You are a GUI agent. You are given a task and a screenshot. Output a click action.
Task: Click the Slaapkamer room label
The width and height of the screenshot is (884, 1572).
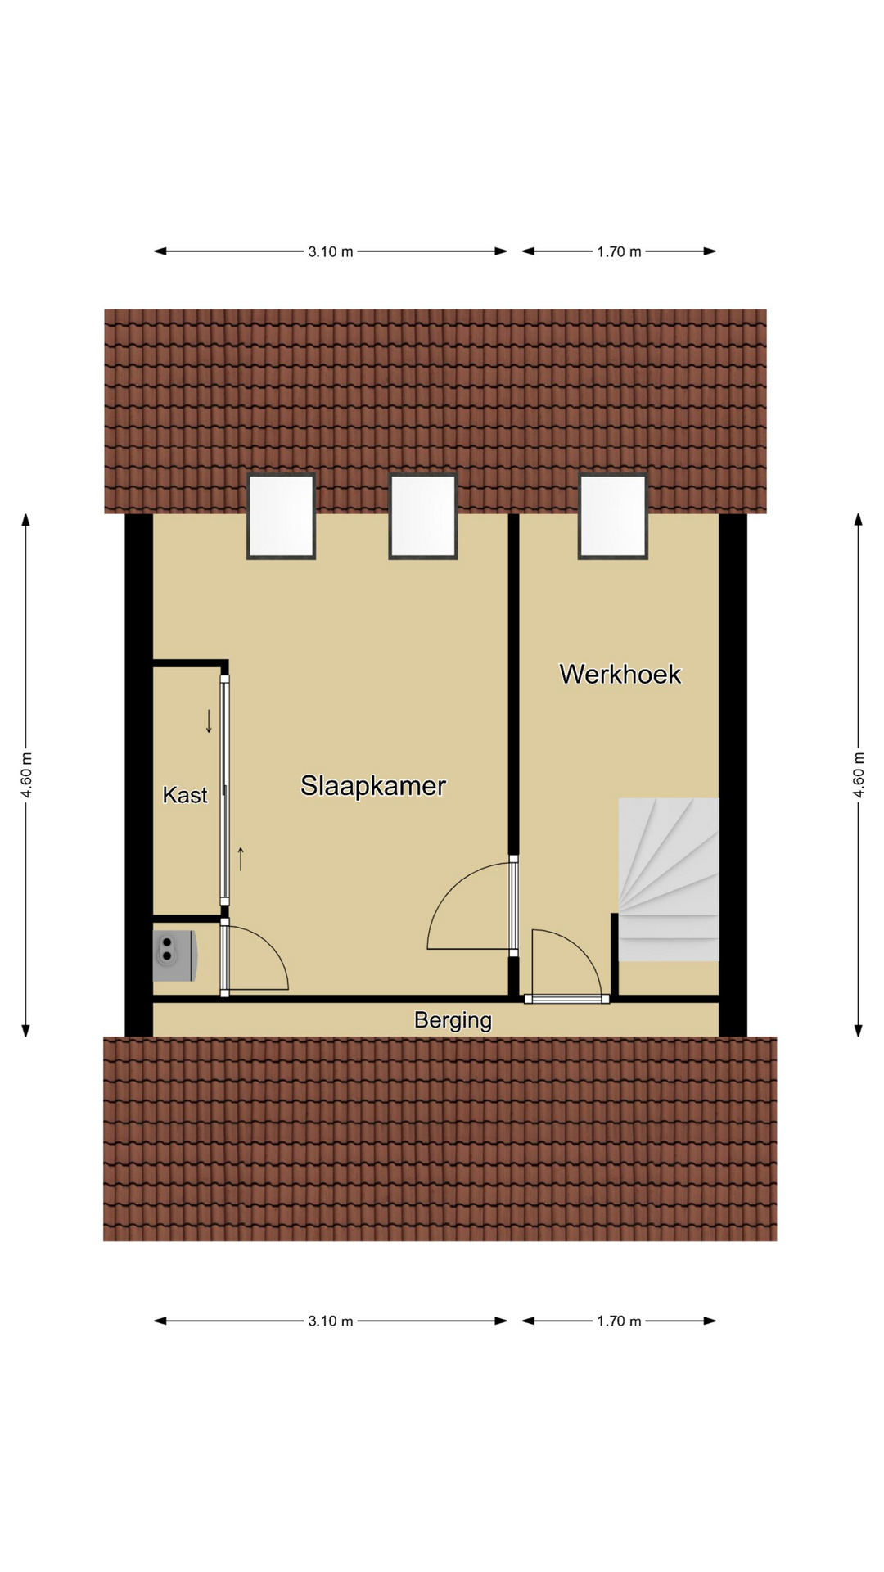pyautogui.click(x=373, y=786)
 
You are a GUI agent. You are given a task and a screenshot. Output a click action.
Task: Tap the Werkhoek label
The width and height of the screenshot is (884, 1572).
pyautogui.click(x=620, y=674)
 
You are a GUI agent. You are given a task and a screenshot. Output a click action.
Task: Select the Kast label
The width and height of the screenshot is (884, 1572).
pyautogui.click(x=185, y=795)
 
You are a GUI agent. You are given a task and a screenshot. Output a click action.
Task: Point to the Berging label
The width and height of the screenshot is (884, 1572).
pyautogui.click(x=453, y=1020)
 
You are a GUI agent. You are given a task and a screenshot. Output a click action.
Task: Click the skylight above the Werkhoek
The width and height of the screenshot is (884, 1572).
pyautogui.click(x=613, y=516)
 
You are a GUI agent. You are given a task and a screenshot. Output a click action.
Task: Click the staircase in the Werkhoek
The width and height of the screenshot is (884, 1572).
pyautogui.click(x=669, y=879)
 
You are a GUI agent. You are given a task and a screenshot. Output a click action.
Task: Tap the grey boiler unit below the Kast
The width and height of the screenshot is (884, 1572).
pyautogui.click(x=174, y=955)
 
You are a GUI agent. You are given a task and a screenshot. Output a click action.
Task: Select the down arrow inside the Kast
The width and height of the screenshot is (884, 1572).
pyautogui.click(x=209, y=721)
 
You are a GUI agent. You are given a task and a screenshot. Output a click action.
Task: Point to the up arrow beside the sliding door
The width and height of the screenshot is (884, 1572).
pyautogui.click(x=241, y=859)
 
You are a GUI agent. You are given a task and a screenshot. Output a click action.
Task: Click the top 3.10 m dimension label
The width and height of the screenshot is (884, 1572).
pyautogui.click(x=331, y=251)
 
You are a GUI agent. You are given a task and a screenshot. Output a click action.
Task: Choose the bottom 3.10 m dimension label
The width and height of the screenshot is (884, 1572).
pyautogui.click(x=331, y=1321)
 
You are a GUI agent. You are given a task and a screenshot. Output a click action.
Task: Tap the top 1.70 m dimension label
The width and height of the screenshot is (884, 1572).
pyautogui.click(x=619, y=251)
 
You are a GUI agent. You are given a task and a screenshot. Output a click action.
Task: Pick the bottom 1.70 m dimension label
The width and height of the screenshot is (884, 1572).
pyautogui.click(x=619, y=1321)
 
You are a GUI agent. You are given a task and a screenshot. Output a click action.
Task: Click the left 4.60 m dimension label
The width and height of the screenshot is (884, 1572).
pyautogui.click(x=26, y=775)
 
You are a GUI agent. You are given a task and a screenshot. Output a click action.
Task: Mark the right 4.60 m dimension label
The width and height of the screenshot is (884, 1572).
pyautogui.click(x=859, y=775)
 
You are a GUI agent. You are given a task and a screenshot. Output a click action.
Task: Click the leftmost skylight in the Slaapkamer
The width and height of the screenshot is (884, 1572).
pyautogui.click(x=282, y=516)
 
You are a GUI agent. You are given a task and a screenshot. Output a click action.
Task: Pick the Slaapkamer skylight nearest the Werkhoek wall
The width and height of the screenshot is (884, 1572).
pyautogui.click(x=423, y=516)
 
